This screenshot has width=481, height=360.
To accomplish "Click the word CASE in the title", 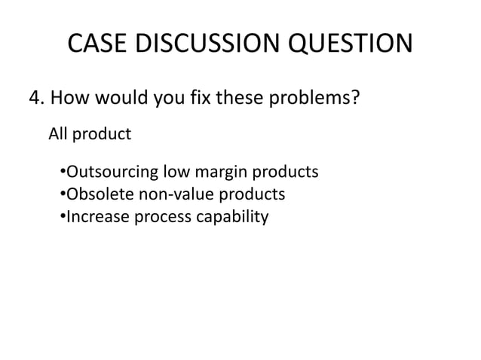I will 98,44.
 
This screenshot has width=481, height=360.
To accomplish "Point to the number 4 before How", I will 33,99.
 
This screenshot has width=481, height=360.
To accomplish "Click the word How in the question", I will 70,99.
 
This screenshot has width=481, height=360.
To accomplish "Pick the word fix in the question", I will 200,99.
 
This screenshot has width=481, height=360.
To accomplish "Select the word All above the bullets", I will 58,135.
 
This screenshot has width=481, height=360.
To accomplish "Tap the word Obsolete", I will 97,196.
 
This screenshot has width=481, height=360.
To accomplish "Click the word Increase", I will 94,218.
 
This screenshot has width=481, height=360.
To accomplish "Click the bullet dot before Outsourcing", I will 60,174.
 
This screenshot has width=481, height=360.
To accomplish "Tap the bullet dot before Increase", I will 60,218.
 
